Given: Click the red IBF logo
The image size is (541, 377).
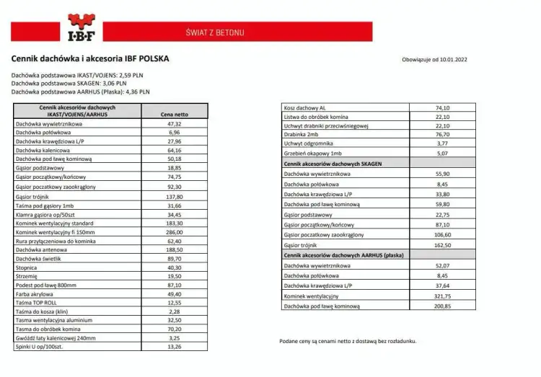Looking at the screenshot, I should tap(84, 28).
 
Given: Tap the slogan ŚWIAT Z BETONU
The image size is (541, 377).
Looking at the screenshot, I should tap(214, 33).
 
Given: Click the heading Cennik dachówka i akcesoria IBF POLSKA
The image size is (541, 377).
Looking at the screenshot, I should tap(90, 59).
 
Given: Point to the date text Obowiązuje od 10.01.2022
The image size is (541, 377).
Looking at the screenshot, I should tap(435, 60).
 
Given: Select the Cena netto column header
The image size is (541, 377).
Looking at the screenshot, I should tap(174, 114).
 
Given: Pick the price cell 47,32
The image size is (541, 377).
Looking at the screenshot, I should tap(174, 124).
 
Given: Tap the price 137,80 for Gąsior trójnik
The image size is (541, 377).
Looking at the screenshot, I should tap(174, 196).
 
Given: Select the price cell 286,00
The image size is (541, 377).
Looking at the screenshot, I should tap(174, 232).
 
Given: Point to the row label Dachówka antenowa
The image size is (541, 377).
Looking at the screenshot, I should tap(42, 249).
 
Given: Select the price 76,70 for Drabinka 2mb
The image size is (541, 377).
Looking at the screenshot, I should tap(442, 134).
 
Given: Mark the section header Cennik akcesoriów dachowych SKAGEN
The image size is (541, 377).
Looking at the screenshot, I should tap(333, 164).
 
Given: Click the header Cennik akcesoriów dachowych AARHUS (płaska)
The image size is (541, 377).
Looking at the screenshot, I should tap(343, 255).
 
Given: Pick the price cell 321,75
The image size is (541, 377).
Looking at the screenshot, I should tap(442, 296).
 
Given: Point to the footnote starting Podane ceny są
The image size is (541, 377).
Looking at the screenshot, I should tap(347, 341).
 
